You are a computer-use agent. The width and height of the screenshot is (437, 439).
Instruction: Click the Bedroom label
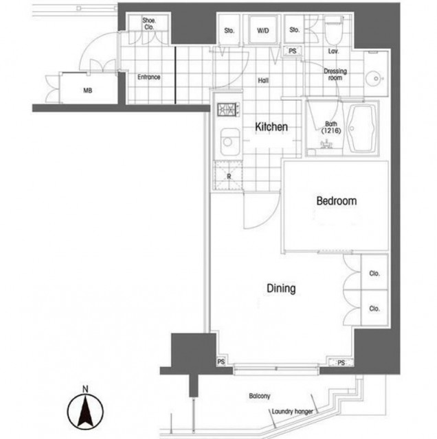[x=336, y=201]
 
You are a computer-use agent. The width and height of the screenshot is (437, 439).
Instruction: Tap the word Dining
[x=281, y=288]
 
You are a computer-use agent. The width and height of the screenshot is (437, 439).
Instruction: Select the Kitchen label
[x=271, y=127]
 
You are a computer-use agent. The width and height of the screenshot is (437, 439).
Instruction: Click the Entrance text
[x=148, y=77]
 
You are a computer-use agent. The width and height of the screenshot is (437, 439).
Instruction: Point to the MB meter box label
[x=87, y=91]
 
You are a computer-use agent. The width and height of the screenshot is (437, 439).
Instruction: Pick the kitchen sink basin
[x=229, y=142]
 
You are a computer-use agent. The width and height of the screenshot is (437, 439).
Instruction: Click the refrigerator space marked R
[x=228, y=176]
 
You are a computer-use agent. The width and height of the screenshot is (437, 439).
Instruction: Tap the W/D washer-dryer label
[x=262, y=30]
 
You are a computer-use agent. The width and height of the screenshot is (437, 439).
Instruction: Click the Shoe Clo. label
[x=149, y=24]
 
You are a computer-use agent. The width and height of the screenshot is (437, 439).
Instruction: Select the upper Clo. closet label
[x=374, y=273]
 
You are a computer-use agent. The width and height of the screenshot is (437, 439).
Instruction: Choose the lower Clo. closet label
[x=374, y=309]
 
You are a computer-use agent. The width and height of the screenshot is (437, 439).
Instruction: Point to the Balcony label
[x=260, y=396]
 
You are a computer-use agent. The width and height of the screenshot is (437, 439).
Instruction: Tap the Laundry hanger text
[x=292, y=412]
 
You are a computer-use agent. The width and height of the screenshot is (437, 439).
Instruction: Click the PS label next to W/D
[x=293, y=51]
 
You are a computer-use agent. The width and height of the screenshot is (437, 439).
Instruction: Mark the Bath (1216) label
[x=331, y=127]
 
